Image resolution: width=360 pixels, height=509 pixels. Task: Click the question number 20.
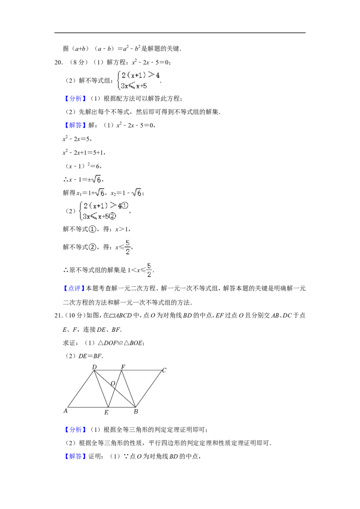[58, 63]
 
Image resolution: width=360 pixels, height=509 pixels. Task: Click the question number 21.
[58, 316]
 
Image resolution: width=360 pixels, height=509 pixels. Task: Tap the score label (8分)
[79, 63]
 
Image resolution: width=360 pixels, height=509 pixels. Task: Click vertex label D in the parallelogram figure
[94, 367]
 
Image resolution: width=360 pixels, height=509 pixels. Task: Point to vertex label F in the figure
[123, 367]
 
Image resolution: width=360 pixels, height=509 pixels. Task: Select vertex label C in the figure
[164, 370]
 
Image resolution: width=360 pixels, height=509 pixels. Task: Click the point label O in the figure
[113, 384]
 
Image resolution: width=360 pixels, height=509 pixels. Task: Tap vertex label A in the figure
[65, 411]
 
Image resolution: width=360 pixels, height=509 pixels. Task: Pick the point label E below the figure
[106, 413]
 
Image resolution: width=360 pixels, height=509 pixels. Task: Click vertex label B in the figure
[136, 411]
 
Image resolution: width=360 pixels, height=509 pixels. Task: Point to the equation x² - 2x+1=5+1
[84, 152]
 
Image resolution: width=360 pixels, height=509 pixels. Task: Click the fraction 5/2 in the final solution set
[149, 270]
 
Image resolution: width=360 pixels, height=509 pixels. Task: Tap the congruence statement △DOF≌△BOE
[121, 343]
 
